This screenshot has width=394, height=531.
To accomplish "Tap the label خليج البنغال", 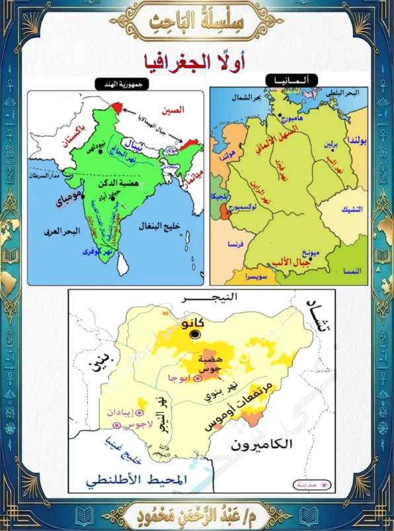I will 156,226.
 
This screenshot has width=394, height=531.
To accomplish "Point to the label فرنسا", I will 236,244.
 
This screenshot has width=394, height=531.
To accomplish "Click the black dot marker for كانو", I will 195,335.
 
